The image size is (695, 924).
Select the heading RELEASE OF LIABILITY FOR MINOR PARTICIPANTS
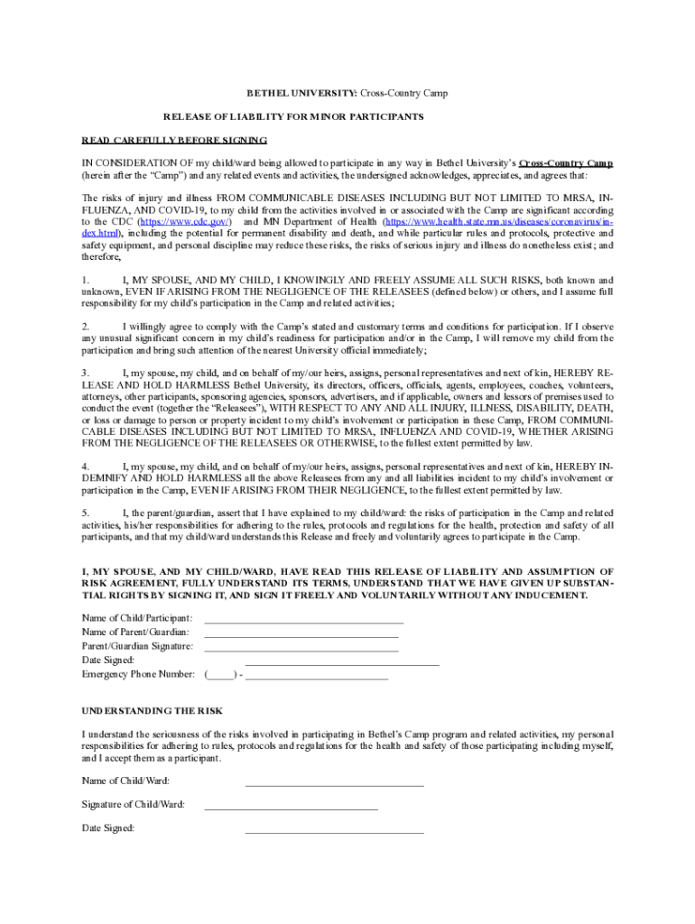click(293, 117)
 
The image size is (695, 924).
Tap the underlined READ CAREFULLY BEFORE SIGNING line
click(174, 140)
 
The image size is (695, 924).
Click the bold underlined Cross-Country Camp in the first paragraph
click(566, 163)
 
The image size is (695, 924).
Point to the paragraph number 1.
click(86, 281)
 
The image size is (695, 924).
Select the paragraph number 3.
click(86, 373)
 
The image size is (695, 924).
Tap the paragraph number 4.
click(86, 466)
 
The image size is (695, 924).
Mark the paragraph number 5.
click(86, 513)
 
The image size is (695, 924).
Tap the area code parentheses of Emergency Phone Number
click(221, 674)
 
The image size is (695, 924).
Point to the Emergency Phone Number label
click(138, 674)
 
